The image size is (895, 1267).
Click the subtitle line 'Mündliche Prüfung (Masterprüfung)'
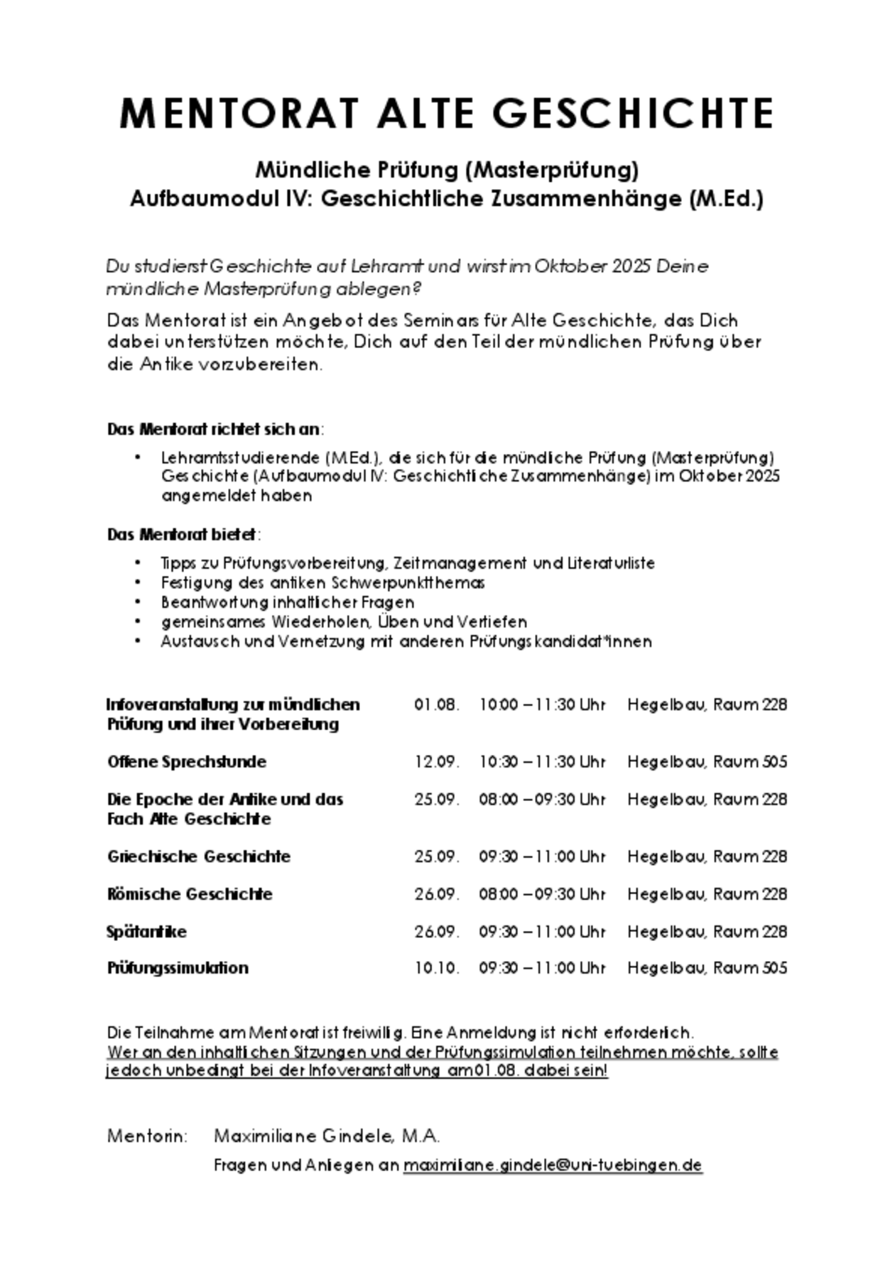[447, 170]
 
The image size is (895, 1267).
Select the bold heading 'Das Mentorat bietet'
[183, 534]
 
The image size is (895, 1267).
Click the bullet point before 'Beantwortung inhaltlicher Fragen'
[138, 602]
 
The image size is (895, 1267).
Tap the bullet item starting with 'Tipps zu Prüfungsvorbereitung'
[408, 563]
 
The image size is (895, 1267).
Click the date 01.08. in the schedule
[437, 705]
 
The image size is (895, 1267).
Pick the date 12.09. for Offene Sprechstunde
[437, 762]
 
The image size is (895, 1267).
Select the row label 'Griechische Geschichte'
[199, 857]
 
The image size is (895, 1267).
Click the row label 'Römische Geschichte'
[190, 894]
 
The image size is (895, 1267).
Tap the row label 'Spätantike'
[147, 932]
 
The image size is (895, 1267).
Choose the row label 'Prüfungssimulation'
[178, 968]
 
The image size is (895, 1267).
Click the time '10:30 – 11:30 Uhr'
[542, 762]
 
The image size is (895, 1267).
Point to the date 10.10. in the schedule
[437, 968]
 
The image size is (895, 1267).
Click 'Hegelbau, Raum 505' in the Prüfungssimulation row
[707, 968]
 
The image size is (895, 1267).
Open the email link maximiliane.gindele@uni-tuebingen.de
[553, 1165]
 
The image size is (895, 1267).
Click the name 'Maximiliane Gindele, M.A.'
[327, 1136]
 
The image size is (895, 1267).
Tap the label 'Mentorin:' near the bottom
[147, 1136]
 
